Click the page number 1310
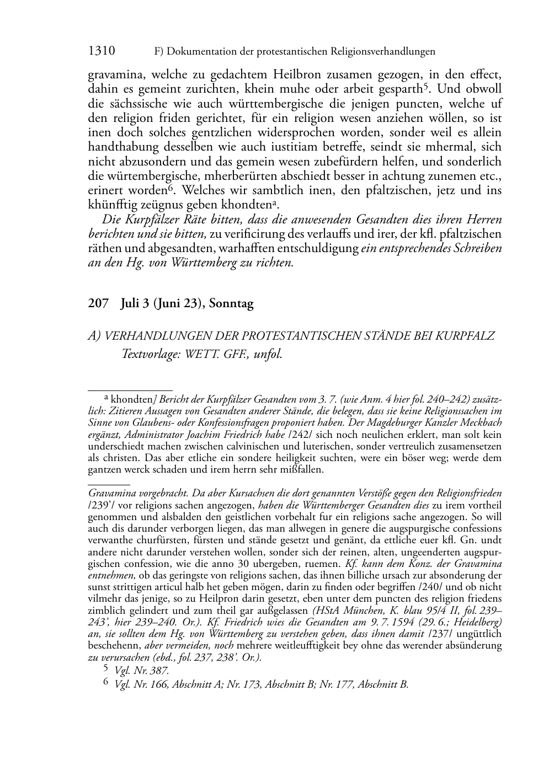pyautogui.click(x=102, y=51)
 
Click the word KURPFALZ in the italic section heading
pyautogui.click(x=469, y=336)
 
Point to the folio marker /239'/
pyautogui.click(x=101, y=506)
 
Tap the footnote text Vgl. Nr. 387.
pyautogui.click(x=141, y=671)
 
